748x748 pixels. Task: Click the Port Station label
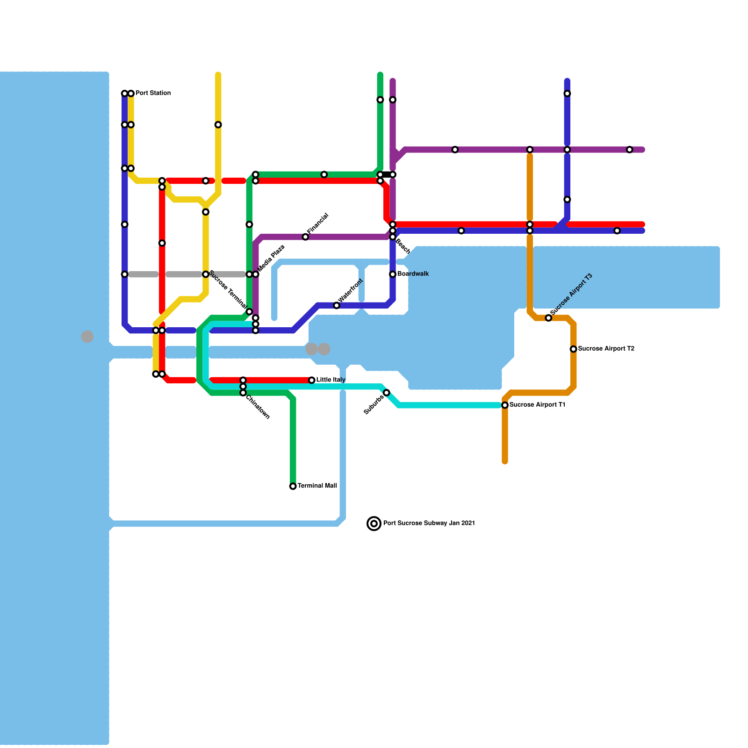click(153, 93)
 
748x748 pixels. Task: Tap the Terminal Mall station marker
click(293, 486)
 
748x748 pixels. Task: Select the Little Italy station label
click(331, 380)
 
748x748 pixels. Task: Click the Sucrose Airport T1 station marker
click(505, 405)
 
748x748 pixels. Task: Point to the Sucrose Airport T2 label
click(606, 349)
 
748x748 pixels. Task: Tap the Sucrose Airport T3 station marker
click(548, 318)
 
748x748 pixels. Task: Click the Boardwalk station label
click(413, 274)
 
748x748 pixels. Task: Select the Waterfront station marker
click(337, 305)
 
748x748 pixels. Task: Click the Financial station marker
click(305, 237)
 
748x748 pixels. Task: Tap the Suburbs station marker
click(387, 393)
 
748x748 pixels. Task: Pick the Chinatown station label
click(258, 407)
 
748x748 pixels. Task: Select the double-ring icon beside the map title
click(374, 524)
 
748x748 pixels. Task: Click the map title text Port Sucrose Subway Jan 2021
click(429, 523)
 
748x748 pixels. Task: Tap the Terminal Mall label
click(317, 486)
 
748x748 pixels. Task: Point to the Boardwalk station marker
click(393, 274)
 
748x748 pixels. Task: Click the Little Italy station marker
click(312, 380)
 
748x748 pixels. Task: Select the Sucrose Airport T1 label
click(537, 405)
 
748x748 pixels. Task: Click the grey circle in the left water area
click(87, 337)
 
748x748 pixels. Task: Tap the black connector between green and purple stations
click(387, 174)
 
